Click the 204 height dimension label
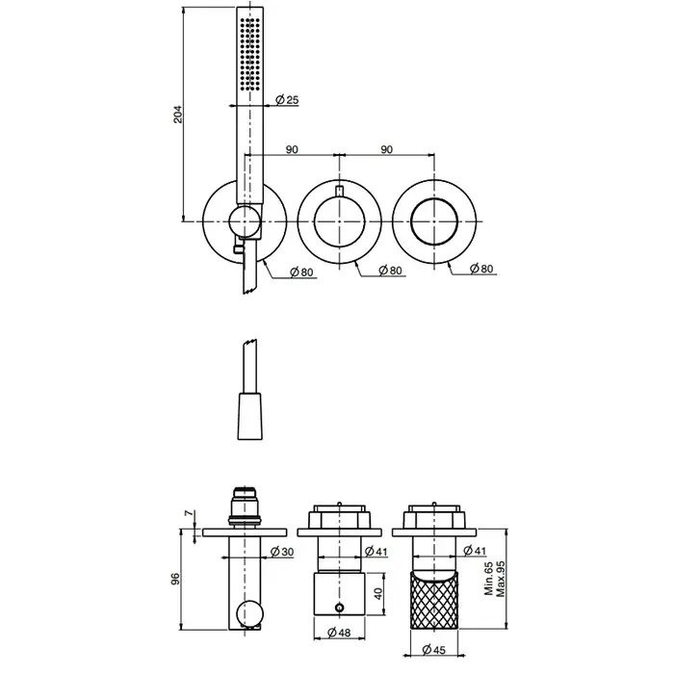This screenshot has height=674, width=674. (178, 115)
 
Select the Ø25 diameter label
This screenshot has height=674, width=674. (287, 100)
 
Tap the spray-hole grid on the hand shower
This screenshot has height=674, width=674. (249, 54)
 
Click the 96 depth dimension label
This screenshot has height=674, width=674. (175, 579)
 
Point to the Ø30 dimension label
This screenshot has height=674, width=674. (282, 552)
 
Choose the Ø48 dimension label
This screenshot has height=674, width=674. (339, 633)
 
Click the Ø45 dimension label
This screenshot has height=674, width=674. (433, 650)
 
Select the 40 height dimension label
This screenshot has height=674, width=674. (377, 594)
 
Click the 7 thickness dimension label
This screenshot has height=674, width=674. (189, 513)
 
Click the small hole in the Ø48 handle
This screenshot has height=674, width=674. (340, 608)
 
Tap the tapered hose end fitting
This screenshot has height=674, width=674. (249, 416)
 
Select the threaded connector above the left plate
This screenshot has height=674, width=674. (245, 507)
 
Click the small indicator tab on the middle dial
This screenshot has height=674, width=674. (340, 191)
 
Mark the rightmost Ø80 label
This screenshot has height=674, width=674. (481, 269)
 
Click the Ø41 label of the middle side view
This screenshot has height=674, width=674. (376, 551)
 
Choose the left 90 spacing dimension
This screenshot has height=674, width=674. (292, 149)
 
